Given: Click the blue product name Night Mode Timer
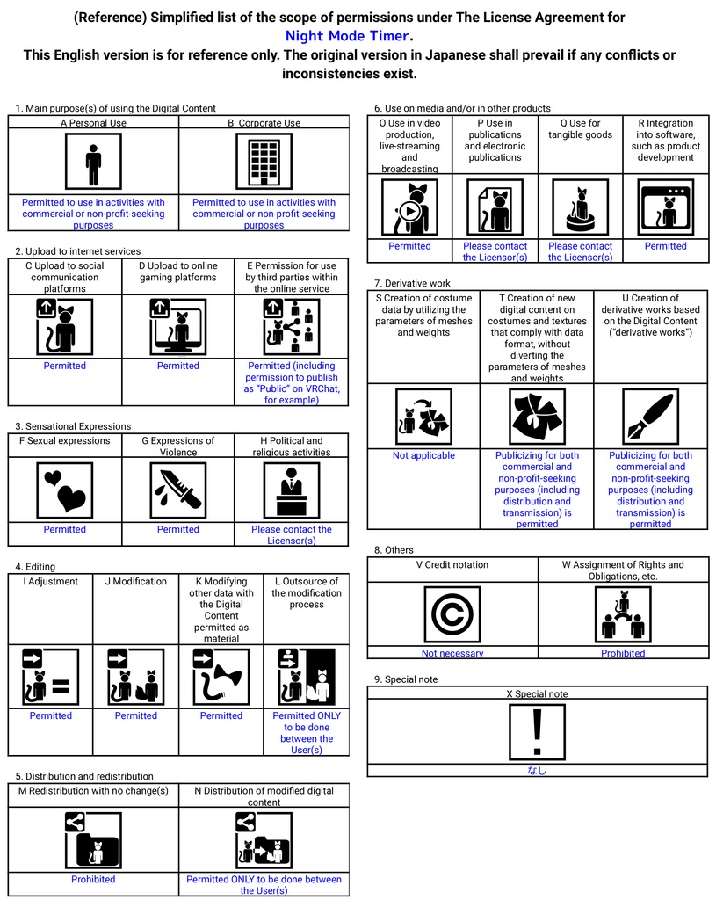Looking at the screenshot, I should pyautogui.click(x=348, y=36).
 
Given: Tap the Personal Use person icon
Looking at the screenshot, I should pyautogui.click(x=93, y=162).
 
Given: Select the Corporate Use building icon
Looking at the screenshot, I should pyautogui.click(x=264, y=162).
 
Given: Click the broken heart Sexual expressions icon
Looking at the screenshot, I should pyautogui.click(x=65, y=490).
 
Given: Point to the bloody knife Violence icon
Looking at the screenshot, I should pyautogui.click(x=178, y=490).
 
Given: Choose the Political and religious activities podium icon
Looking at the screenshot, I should pyautogui.click(x=292, y=490).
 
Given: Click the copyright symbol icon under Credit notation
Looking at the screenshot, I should pyautogui.click(x=452, y=614).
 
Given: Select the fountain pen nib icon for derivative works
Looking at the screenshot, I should pyautogui.click(x=650, y=416).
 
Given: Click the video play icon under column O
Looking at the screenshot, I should pyautogui.click(x=409, y=207).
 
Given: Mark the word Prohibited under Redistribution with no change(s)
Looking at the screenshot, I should pyautogui.click(x=93, y=879).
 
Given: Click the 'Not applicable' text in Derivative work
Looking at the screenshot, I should pyautogui.click(x=423, y=455).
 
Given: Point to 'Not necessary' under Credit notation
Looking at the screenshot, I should pyautogui.click(x=452, y=653).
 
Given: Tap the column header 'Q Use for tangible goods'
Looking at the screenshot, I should pyautogui.click(x=580, y=129).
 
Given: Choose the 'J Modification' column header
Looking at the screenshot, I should pyautogui.click(x=135, y=581).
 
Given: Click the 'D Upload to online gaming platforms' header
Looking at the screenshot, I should pyautogui.click(x=178, y=272).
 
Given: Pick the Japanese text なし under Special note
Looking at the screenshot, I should pyautogui.click(x=537, y=771).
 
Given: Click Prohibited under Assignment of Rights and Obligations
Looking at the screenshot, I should pyautogui.click(x=623, y=653).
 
